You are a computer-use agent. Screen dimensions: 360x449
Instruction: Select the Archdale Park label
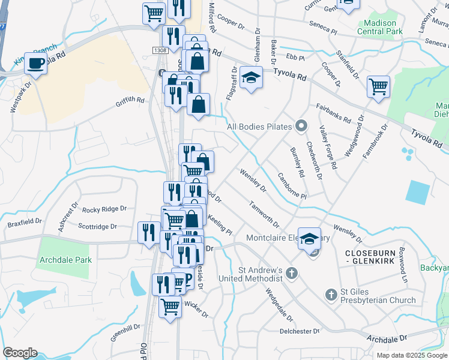click(x=65, y=260)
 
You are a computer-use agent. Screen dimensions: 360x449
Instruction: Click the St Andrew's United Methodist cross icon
click(x=291, y=273)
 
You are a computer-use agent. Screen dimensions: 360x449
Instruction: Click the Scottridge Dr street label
click(x=98, y=227)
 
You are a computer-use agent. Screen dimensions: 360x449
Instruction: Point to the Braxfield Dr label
click(x=25, y=221)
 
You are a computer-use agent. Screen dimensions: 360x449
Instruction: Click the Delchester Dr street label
click(x=300, y=331)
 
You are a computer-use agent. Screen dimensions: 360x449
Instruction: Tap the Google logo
click(x=20, y=353)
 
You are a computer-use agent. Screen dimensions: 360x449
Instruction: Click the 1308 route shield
click(x=160, y=51)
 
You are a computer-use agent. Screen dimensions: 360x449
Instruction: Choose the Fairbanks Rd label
click(x=334, y=111)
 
